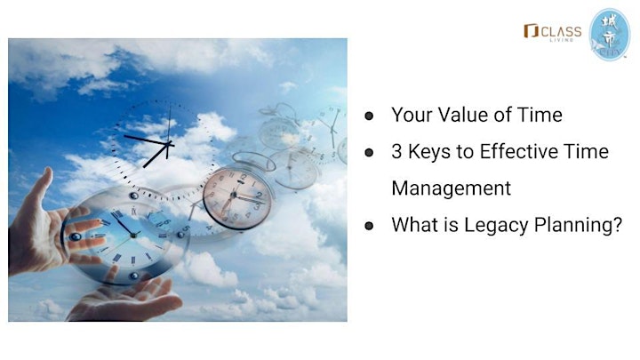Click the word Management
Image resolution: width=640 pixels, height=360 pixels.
pos(451,188)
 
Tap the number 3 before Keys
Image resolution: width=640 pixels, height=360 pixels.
pos(396,152)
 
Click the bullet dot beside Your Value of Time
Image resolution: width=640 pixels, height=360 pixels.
pos(369,116)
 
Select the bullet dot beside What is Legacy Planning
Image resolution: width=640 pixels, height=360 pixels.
pos(369,226)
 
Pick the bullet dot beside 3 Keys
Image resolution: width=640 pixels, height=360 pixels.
pos(369,153)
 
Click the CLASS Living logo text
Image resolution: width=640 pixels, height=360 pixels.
pos(561,32)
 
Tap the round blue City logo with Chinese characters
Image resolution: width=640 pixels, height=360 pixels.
pos(610,35)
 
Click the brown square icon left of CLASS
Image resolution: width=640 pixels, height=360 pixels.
pos(531,30)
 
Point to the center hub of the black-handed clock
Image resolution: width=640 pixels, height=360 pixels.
pos(168,144)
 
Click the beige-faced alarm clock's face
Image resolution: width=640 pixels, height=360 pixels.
pos(236,198)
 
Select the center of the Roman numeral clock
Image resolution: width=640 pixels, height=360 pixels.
pos(133,235)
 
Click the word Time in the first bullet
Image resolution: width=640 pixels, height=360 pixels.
pos(540,115)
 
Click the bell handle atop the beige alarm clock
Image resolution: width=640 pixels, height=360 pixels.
pos(253,160)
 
